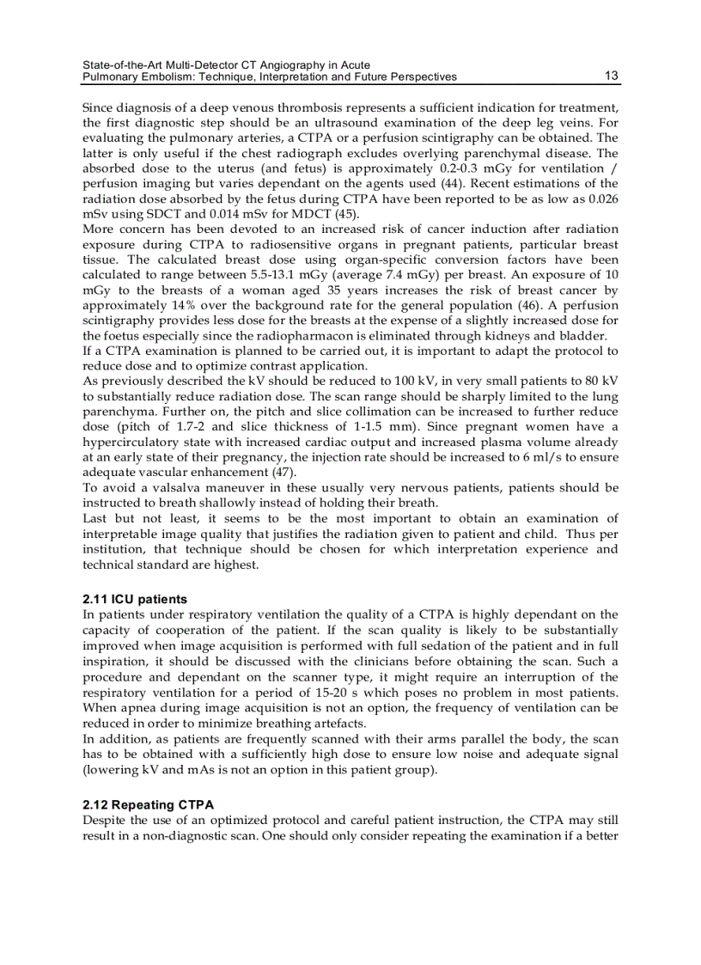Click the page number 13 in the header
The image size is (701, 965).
pyautogui.click(x=611, y=76)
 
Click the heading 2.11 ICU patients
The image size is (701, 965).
pyautogui.click(x=135, y=599)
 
